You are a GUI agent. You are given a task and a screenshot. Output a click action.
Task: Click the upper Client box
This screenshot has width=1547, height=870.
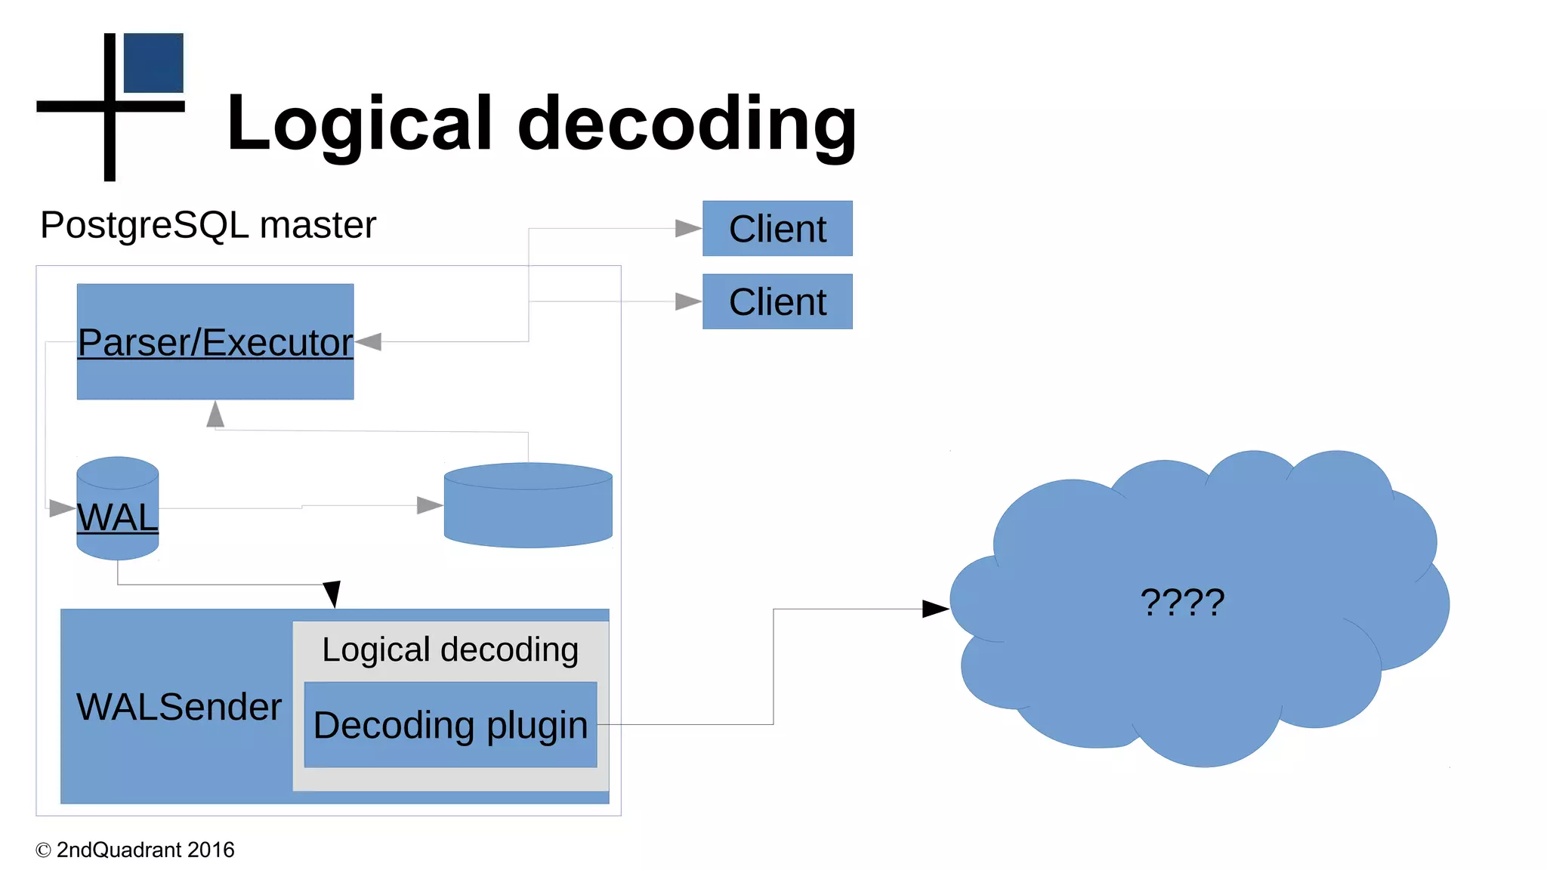click(x=777, y=228)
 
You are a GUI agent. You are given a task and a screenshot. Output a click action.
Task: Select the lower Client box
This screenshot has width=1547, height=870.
click(x=777, y=301)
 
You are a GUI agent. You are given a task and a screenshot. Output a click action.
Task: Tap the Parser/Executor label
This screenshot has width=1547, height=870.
click(x=215, y=342)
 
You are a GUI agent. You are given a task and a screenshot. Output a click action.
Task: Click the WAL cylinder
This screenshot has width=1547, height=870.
click(x=118, y=508)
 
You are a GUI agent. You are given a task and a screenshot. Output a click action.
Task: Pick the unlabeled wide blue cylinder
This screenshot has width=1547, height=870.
click(x=528, y=505)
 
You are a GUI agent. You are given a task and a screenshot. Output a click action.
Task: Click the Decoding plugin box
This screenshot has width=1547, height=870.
click(x=450, y=725)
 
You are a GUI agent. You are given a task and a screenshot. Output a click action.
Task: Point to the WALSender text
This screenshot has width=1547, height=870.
click(x=179, y=707)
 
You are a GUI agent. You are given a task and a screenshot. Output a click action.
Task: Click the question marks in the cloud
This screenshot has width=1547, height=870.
click(x=1182, y=602)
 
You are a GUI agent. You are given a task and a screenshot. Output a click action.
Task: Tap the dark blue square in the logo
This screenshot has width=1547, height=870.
click(x=153, y=63)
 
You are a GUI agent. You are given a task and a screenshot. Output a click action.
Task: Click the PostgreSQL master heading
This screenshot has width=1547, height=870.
click(x=208, y=225)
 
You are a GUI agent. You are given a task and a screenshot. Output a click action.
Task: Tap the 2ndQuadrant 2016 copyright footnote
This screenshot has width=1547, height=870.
click(x=136, y=850)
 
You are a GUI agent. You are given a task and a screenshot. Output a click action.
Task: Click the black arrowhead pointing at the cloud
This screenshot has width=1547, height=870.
click(x=935, y=609)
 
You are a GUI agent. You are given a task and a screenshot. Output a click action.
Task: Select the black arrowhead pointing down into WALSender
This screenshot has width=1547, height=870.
click(x=332, y=594)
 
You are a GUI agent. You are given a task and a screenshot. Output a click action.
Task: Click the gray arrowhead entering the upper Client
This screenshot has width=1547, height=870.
click(x=687, y=228)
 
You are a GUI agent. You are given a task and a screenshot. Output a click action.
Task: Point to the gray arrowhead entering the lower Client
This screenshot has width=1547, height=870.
click(x=687, y=301)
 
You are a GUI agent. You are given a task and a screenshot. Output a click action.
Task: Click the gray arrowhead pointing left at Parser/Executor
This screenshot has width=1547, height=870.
click(x=369, y=342)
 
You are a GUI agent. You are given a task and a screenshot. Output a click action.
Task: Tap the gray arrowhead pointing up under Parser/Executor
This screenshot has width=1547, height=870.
click(x=215, y=415)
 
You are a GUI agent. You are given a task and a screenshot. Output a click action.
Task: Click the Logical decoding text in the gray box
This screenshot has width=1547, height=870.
click(x=450, y=649)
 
